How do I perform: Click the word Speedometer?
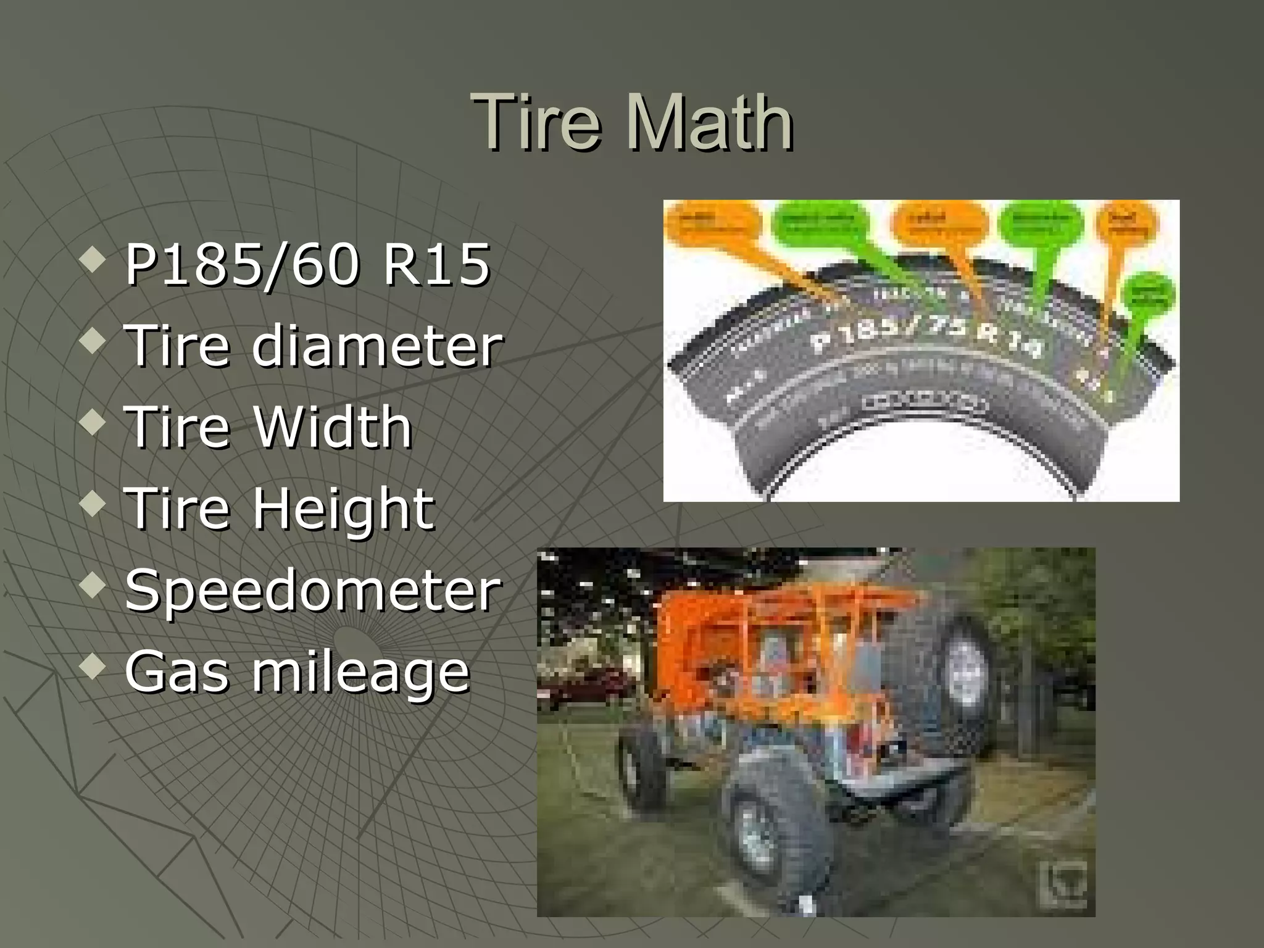click(x=313, y=591)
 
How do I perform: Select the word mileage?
click(x=360, y=673)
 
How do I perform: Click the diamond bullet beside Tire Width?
click(x=93, y=423)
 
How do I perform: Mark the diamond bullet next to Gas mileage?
click(x=93, y=667)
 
